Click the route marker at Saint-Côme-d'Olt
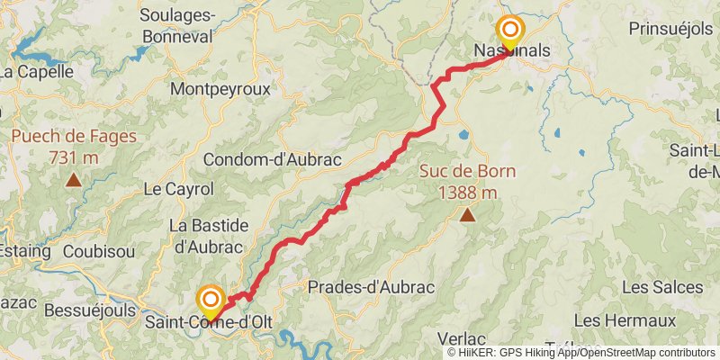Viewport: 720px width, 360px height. [x=211, y=300]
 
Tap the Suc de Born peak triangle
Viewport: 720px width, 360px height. [x=467, y=214]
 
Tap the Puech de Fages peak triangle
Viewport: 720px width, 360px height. [x=73, y=179]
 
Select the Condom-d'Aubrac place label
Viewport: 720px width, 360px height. [x=273, y=159]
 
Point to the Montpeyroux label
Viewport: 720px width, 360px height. [x=220, y=90]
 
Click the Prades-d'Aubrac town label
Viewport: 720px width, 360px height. [x=371, y=287]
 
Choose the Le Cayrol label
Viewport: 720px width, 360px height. [x=178, y=189]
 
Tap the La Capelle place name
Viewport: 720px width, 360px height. [x=36, y=72]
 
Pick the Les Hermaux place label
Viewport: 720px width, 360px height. [x=624, y=320]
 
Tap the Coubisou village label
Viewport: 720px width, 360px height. [x=86, y=252]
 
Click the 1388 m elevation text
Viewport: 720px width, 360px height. [x=467, y=192]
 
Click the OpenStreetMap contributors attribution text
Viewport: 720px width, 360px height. [x=645, y=353]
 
